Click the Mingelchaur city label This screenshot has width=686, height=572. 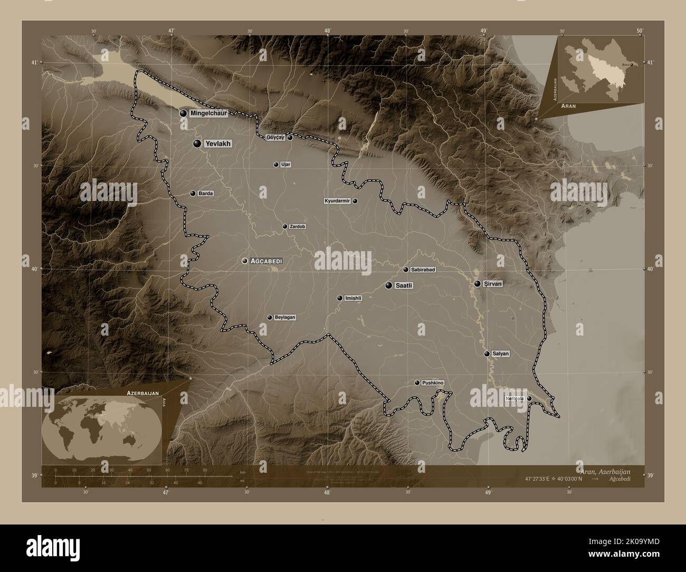coord(208,113)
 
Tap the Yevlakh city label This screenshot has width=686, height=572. coord(218,144)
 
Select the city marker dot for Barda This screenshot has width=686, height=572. coord(193,194)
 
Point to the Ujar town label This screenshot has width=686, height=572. coord(286,165)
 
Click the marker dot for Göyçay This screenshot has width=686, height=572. coord(290,138)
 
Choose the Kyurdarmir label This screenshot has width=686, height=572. coord(337,202)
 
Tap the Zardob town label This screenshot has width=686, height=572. coord(297,227)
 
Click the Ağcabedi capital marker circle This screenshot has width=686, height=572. coord(245,261)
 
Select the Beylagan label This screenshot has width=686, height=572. coord(284,318)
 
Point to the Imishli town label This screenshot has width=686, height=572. coord(353,298)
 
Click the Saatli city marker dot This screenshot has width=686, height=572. coord(389,285)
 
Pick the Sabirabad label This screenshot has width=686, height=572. coord(423,270)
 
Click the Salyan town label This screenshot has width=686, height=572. coord(500,354)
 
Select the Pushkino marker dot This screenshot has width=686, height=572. coord(417,383)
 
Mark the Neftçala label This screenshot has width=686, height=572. coord(514,399)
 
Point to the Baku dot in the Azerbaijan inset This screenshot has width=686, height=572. coord(632,65)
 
